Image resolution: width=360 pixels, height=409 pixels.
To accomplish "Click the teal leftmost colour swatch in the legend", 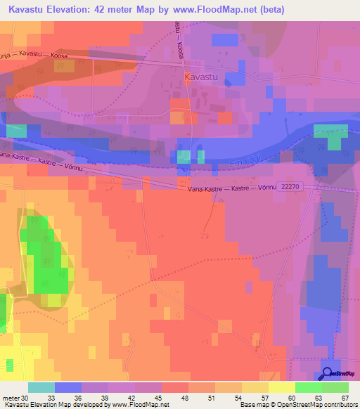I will [41, 387].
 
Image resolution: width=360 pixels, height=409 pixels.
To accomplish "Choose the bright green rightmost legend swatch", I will [335, 387].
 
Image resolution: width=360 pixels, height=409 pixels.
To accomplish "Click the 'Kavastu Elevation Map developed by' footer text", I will [56, 405].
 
